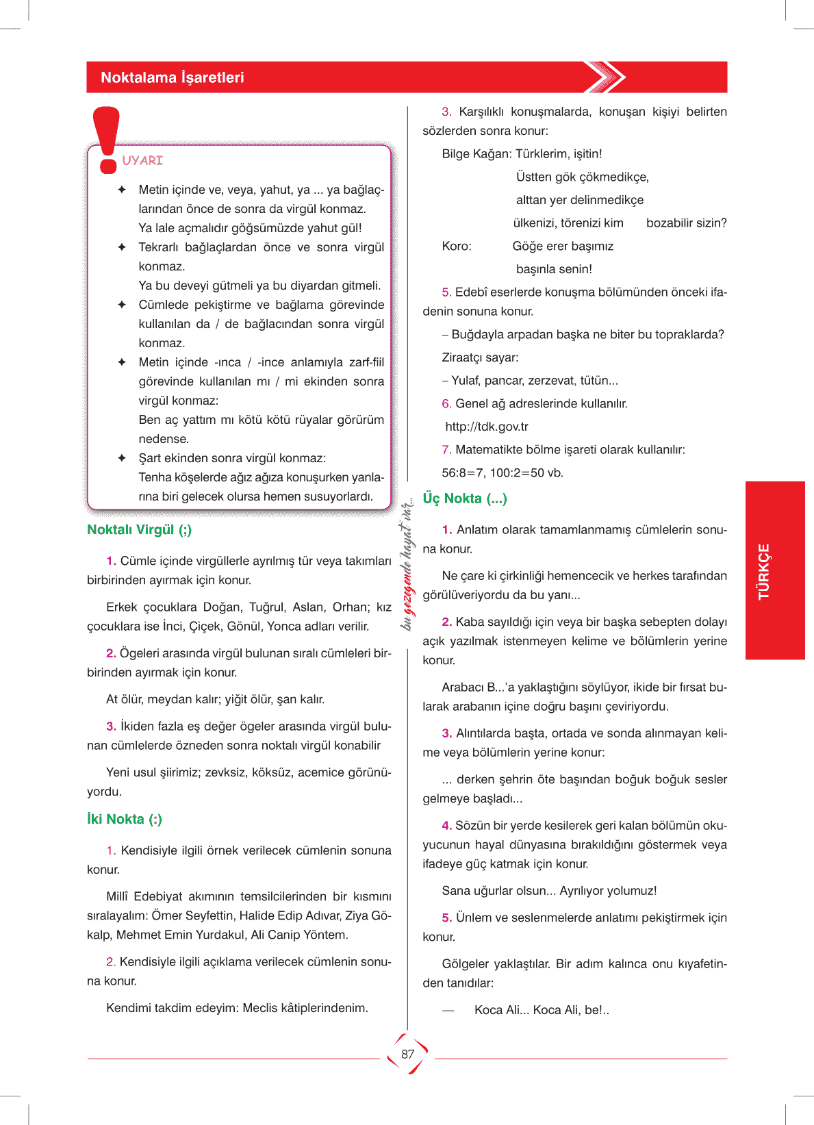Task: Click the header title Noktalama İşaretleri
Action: click(172, 77)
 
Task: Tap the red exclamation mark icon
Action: click(107, 140)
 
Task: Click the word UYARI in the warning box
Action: click(142, 160)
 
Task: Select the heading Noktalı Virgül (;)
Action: click(139, 529)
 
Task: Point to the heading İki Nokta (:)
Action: click(124, 819)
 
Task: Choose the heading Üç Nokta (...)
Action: click(464, 498)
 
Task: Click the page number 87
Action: click(407, 1054)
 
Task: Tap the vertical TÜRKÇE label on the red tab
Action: click(764, 571)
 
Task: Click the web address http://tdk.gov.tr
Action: click(487, 427)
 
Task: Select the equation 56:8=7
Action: click(462, 472)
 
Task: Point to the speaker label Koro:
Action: click(457, 246)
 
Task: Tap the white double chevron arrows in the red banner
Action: click(606, 77)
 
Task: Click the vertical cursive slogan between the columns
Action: click(407, 565)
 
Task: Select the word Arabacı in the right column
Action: click(463, 687)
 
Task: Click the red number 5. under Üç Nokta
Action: click(446, 918)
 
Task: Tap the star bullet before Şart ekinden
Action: click(122, 458)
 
